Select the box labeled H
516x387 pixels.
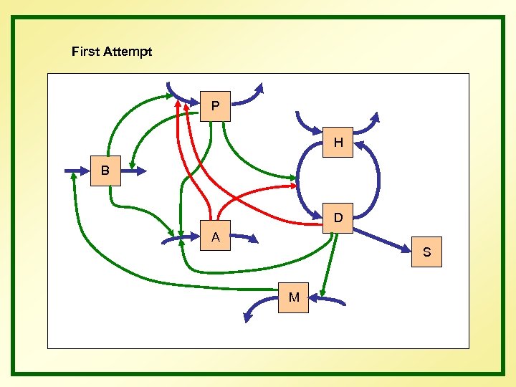338,143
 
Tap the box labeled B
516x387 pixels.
106,171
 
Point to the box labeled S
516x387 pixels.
427,252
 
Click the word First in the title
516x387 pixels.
86,52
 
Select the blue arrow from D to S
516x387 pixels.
387,239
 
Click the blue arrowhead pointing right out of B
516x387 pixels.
140,171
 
